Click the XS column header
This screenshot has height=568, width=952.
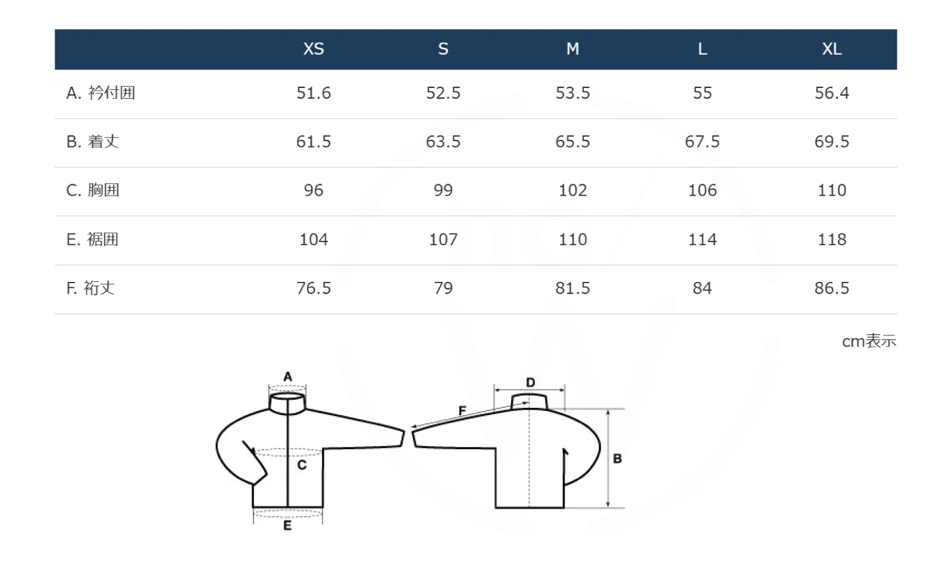[x=314, y=49]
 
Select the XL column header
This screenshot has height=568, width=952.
[x=832, y=49]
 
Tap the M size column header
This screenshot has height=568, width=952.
[x=572, y=49]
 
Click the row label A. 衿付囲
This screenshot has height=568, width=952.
[x=101, y=93]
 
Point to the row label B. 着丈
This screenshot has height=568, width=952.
[x=93, y=142]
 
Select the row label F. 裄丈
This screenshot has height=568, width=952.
[x=90, y=288]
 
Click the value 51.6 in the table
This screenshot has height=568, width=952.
[x=314, y=93]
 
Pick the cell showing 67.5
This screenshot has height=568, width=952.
[x=702, y=142]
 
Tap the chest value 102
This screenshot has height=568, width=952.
[x=572, y=190]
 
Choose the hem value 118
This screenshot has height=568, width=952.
[x=832, y=240]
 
